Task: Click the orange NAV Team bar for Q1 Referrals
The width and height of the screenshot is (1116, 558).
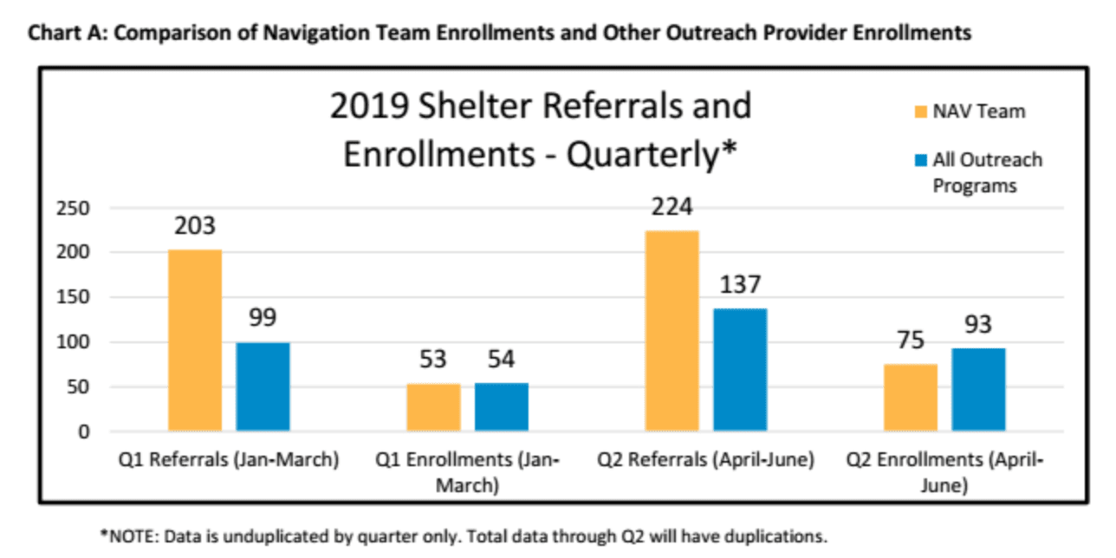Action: [x=195, y=340]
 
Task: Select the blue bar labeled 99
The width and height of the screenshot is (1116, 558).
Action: [x=263, y=386]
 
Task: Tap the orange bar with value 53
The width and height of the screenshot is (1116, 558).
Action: [x=433, y=407]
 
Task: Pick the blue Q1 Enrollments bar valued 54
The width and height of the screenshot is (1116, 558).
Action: [x=502, y=406]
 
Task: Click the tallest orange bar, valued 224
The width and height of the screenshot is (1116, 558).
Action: [x=672, y=330]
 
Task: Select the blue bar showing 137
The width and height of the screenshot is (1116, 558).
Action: [x=740, y=369]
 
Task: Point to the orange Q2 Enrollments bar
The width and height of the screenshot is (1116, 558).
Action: [x=911, y=397]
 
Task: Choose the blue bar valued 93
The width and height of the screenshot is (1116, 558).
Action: [x=979, y=389]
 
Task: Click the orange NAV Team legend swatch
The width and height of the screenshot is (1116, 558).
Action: [x=922, y=111]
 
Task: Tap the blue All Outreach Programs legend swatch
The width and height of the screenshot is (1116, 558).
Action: [x=922, y=160]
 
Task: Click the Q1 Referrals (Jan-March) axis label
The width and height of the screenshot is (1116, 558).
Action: [x=229, y=460]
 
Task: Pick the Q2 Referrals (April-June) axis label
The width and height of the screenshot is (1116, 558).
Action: [x=705, y=460]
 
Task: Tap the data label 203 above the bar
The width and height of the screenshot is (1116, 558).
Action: [x=195, y=226]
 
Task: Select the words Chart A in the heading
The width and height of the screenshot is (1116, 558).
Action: [x=60, y=34]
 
